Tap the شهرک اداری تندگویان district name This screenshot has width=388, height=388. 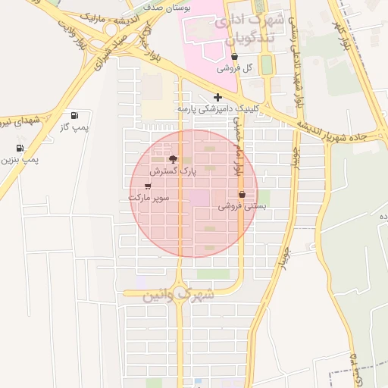tap(245, 27)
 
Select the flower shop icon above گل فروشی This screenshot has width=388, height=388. tap(234, 57)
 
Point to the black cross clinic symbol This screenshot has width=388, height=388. tap(218, 97)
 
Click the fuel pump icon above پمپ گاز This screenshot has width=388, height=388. tap(74, 115)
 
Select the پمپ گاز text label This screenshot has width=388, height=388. tap(74, 127)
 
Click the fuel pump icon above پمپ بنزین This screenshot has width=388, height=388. tap(20, 149)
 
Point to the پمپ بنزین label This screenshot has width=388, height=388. tap(20, 160)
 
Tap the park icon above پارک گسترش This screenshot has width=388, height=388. tap(173, 160)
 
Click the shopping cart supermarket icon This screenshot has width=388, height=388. tap(147, 186)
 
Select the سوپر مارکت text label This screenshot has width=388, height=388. tap(148, 197)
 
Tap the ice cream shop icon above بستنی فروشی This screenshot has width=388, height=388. tap(242, 195)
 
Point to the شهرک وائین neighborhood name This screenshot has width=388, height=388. tap(179, 293)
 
